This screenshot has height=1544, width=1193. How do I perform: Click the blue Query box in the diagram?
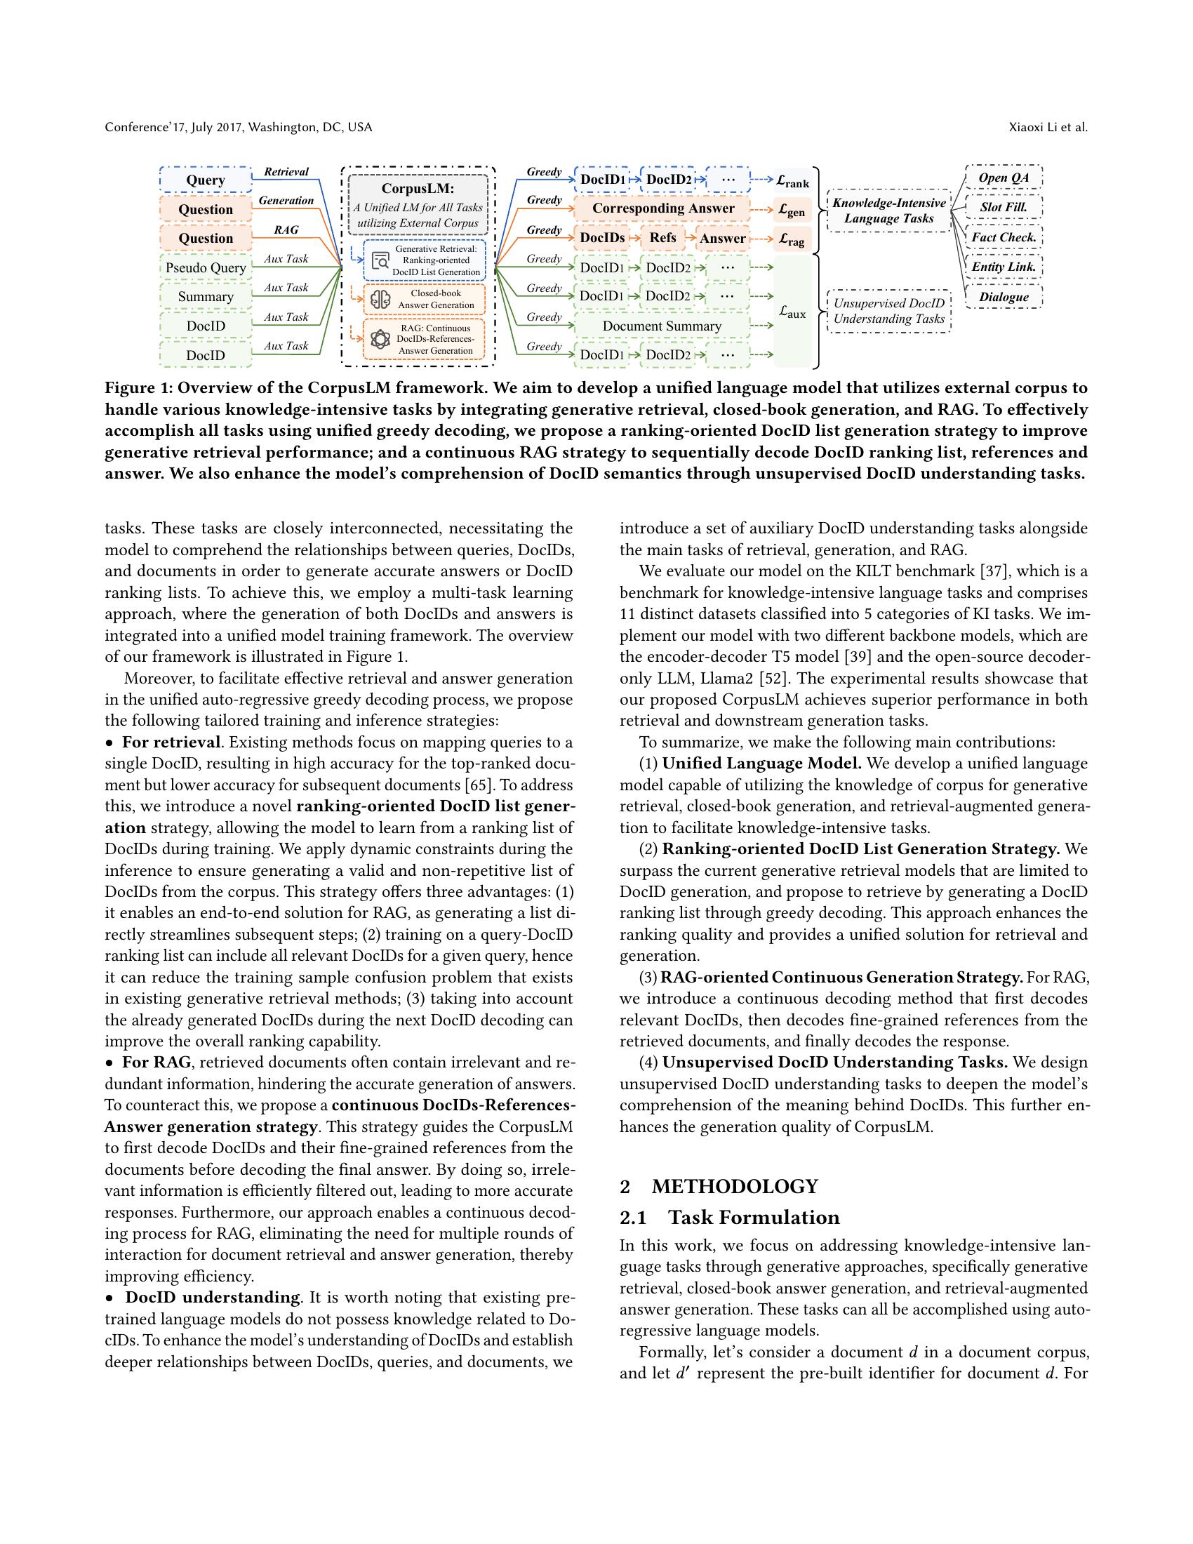[x=206, y=180]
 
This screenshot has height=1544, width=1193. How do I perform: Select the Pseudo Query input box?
[x=206, y=268]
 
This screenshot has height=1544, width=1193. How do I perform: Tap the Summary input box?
[x=206, y=297]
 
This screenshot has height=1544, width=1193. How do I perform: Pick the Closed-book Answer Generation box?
[x=424, y=299]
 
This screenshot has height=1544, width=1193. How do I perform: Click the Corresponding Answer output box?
[x=662, y=208]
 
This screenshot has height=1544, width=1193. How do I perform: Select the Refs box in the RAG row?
[x=662, y=238]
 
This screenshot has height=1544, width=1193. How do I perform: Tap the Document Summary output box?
[x=662, y=326]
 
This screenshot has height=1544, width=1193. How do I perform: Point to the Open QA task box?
[x=1003, y=178]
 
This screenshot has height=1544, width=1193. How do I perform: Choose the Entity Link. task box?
[x=1003, y=267]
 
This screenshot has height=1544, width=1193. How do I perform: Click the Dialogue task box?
[x=1003, y=297]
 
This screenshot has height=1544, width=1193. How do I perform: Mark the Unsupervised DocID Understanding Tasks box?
[x=888, y=311]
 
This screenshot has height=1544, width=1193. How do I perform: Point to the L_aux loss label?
[x=792, y=312]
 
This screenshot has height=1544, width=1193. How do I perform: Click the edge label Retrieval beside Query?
[x=286, y=172]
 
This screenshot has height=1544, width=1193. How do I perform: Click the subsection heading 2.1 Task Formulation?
[x=729, y=1218]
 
